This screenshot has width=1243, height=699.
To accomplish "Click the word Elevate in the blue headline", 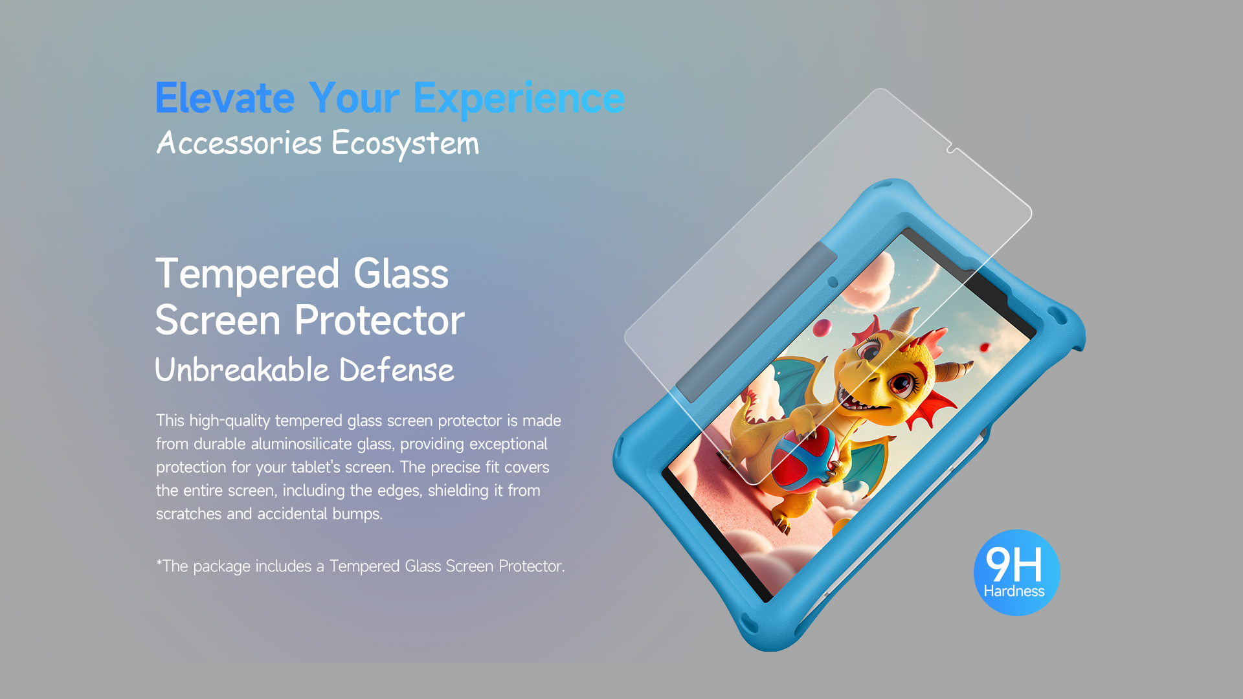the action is tap(225, 98).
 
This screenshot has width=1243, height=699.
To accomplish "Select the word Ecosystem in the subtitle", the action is tap(405, 144).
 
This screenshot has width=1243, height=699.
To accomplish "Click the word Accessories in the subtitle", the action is tap(239, 142).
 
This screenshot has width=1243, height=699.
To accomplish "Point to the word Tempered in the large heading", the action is tap(247, 274).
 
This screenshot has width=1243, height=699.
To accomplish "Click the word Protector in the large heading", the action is tap(380, 320).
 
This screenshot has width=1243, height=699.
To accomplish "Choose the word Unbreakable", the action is tap(242, 370).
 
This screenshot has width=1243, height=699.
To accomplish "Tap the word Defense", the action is tap(397, 370).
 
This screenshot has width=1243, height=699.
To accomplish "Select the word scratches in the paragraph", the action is tap(189, 514).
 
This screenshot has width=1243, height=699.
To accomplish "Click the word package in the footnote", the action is tap(221, 567).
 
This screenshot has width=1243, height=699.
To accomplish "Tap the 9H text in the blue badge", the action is tap(1014, 564).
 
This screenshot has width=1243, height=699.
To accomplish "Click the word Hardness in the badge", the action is tap(1014, 591).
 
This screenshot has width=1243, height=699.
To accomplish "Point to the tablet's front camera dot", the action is tap(833, 282).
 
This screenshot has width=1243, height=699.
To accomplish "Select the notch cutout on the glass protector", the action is tap(952, 149).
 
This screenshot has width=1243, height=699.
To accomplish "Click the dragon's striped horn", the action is tap(953, 371).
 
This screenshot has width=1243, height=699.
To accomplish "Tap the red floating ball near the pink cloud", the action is tap(822, 327).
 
